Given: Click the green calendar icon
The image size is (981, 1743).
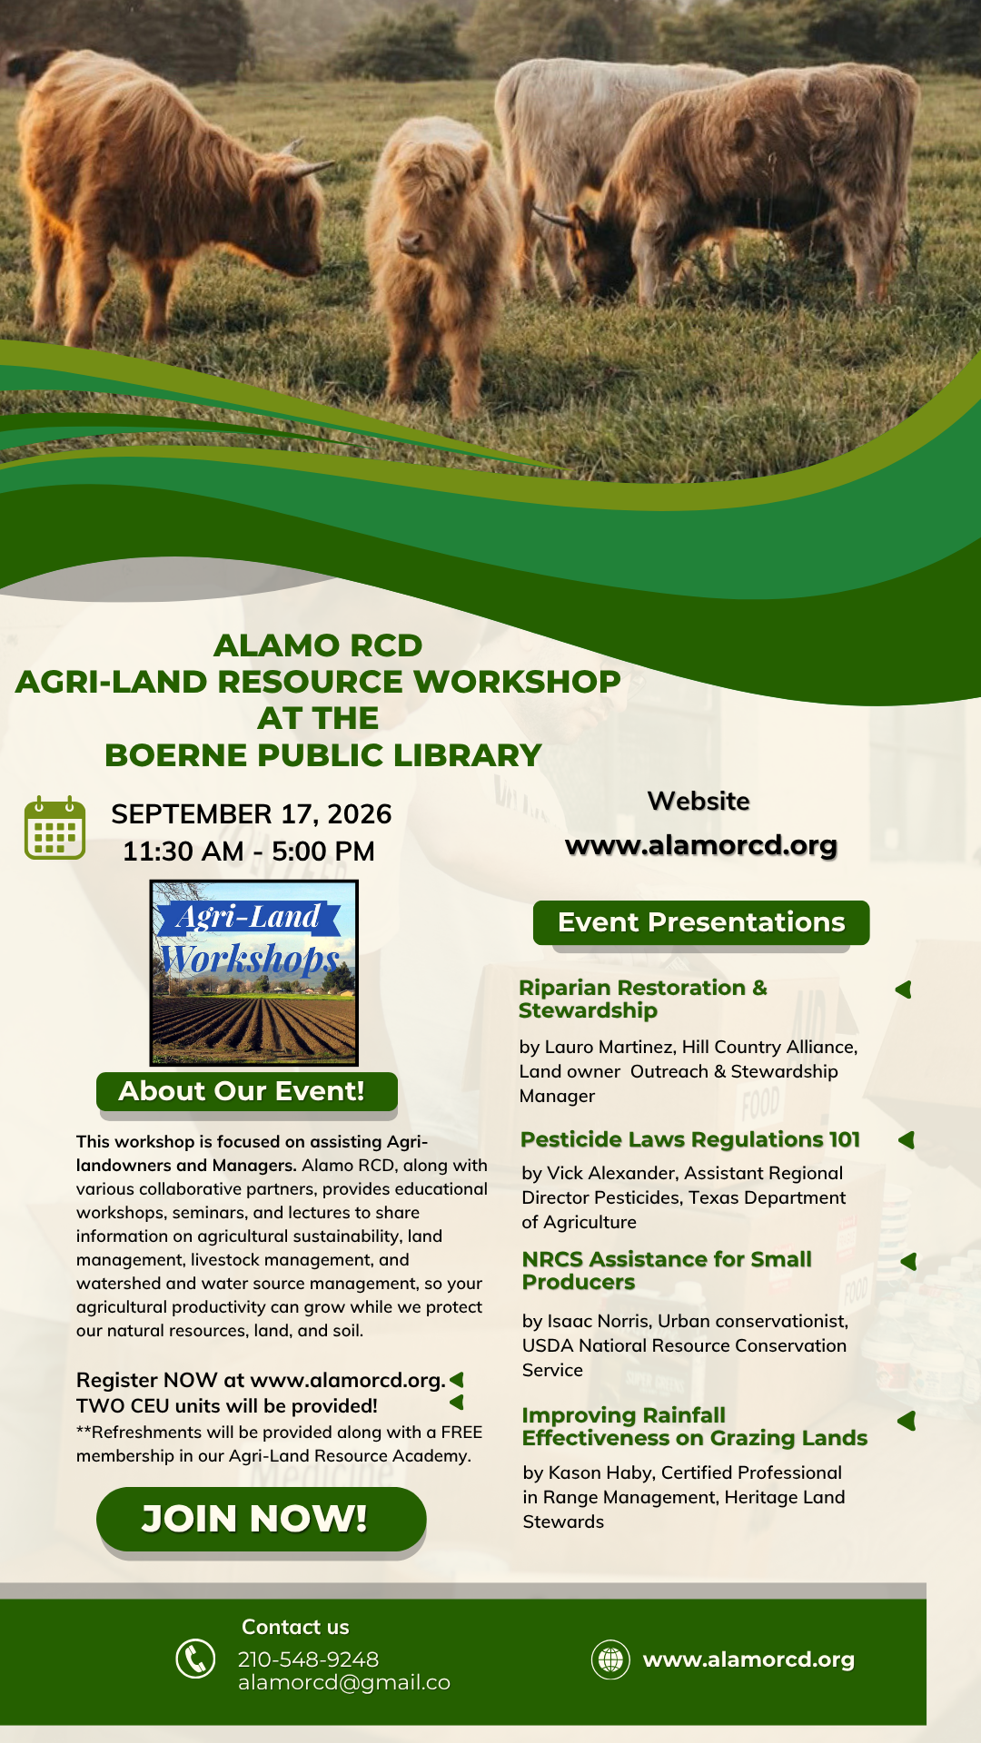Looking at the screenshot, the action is [x=54, y=828].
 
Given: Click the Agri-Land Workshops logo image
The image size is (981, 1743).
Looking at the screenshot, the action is [x=253, y=972].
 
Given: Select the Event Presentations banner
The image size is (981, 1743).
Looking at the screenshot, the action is [x=701, y=922].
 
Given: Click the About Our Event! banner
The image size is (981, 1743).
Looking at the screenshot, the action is [x=247, y=1091].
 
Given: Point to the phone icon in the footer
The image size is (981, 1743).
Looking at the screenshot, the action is [x=195, y=1659].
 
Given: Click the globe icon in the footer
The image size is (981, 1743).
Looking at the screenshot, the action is [x=610, y=1659].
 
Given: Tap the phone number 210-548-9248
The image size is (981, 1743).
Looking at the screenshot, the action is [x=308, y=1659].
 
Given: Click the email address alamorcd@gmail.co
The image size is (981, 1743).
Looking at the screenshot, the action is [x=344, y=1683].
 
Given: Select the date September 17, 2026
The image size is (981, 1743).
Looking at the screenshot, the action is [x=252, y=814].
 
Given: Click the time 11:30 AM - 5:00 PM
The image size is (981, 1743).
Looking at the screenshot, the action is [x=249, y=852].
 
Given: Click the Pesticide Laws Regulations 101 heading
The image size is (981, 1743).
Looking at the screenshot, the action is [x=690, y=1140].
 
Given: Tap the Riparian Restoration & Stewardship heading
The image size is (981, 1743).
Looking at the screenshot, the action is [x=643, y=999].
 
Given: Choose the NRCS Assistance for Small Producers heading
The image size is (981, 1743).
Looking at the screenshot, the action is [x=667, y=1271].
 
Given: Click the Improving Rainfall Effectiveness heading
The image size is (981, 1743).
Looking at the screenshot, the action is [x=695, y=1427].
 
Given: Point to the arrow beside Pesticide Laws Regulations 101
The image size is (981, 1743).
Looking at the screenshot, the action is [x=906, y=1140].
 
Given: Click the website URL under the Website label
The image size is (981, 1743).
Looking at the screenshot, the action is [x=701, y=845].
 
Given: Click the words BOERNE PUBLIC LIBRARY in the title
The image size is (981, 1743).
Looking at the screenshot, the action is [x=323, y=755].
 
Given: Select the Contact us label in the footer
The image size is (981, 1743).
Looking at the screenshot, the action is [x=295, y=1627].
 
